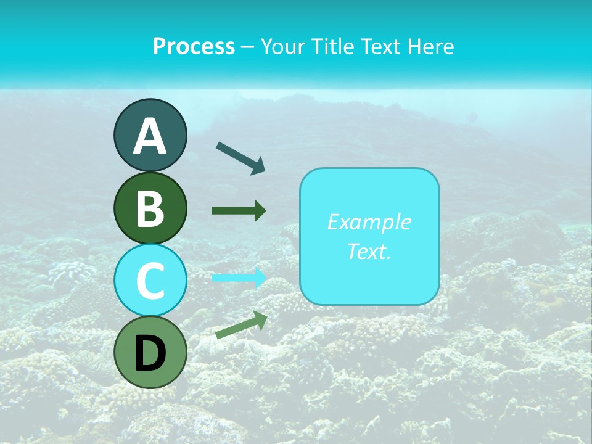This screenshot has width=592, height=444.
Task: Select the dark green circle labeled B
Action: (x=150, y=208)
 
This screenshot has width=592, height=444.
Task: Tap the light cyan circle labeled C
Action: (x=150, y=280)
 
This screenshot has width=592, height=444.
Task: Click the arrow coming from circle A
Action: (x=240, y=158)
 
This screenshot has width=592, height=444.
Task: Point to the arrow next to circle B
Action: (x=239, y=211)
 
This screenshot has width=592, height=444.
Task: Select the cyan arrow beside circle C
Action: (x=239, y=278)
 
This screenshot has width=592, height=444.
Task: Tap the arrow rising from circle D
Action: (x=241, y=325)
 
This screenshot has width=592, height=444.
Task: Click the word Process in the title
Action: (x=194, y=46)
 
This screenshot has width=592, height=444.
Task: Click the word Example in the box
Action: (x=369, y=222)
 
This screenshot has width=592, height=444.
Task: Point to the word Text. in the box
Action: (x=369, y=251)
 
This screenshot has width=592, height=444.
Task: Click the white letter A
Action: (x=150, y=137)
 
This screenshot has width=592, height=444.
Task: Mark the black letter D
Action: (x=150, y=353)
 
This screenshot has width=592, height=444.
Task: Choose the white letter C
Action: (x=150, y=281)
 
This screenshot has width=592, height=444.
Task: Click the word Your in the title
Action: (x=282, y=46)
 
